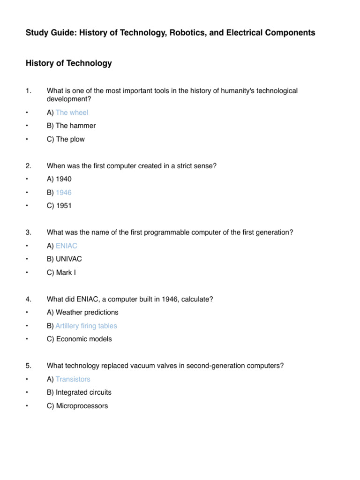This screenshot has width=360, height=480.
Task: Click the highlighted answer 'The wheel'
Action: pos(72,112)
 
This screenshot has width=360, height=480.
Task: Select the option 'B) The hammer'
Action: pos(71,126)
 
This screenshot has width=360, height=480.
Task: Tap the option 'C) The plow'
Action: pos(66,139)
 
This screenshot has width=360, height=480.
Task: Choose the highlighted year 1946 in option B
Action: pos(64,192)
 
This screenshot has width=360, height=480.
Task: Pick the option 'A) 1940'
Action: pos(59,179)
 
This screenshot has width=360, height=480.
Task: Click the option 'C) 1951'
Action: pos(59,206)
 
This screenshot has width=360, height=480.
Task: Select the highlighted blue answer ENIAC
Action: pos(67,246)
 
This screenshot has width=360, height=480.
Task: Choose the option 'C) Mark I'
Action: pos(61,272)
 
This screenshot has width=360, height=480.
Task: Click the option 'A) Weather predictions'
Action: pos(82,312)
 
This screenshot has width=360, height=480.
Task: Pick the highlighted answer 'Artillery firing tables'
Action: pos(86,326)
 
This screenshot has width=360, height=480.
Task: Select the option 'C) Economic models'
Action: pos(79,339)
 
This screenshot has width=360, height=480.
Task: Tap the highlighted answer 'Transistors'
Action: pos(73,379)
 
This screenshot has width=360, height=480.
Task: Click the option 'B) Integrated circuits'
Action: pos(79,392)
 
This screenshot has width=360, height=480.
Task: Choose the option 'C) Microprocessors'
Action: pos(77,406)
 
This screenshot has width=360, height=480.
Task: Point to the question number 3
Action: pos(28,232)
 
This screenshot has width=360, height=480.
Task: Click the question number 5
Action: pos(28,366)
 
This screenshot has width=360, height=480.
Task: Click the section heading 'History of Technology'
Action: pos(69,63)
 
